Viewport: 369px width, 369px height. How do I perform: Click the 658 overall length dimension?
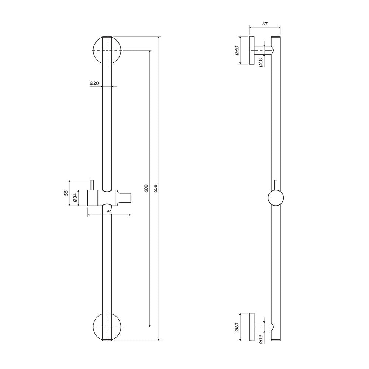pos(155,189)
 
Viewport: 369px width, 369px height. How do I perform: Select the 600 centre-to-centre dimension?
pos(146,189)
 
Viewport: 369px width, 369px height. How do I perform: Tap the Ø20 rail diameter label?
pos(94,83)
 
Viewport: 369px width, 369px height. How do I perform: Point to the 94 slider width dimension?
pos(109,211)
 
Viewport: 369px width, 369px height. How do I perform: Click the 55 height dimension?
pos(66,193)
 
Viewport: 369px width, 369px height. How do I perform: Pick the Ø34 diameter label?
pos(75,198)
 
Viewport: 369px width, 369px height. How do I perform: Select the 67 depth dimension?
pos(265,24)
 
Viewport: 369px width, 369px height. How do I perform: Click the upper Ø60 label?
pos(237,50)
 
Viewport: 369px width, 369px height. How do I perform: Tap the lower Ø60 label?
pos(237,327)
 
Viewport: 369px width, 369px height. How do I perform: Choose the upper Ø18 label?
pos(261,63)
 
